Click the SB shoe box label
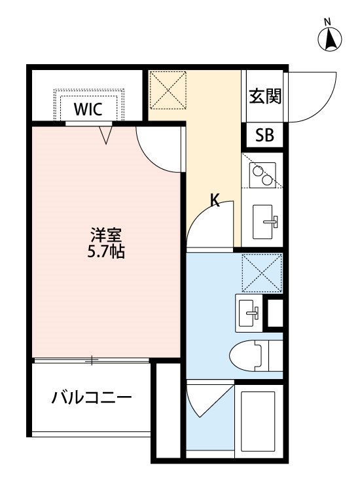(x=264, y=136)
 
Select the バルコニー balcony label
(x=92, y=398)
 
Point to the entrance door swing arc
(x=314, y=98)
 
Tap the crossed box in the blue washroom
(x=261, y=272)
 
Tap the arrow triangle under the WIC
(x=107, y=134)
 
